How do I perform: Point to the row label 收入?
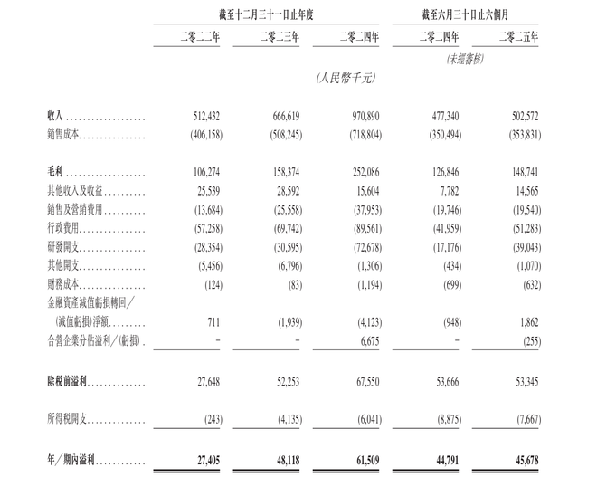[x=56, y=117]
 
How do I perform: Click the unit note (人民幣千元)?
[x=345, y=79]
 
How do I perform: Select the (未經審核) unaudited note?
[x=467, y=59]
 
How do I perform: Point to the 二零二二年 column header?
[x=199, y=36]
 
